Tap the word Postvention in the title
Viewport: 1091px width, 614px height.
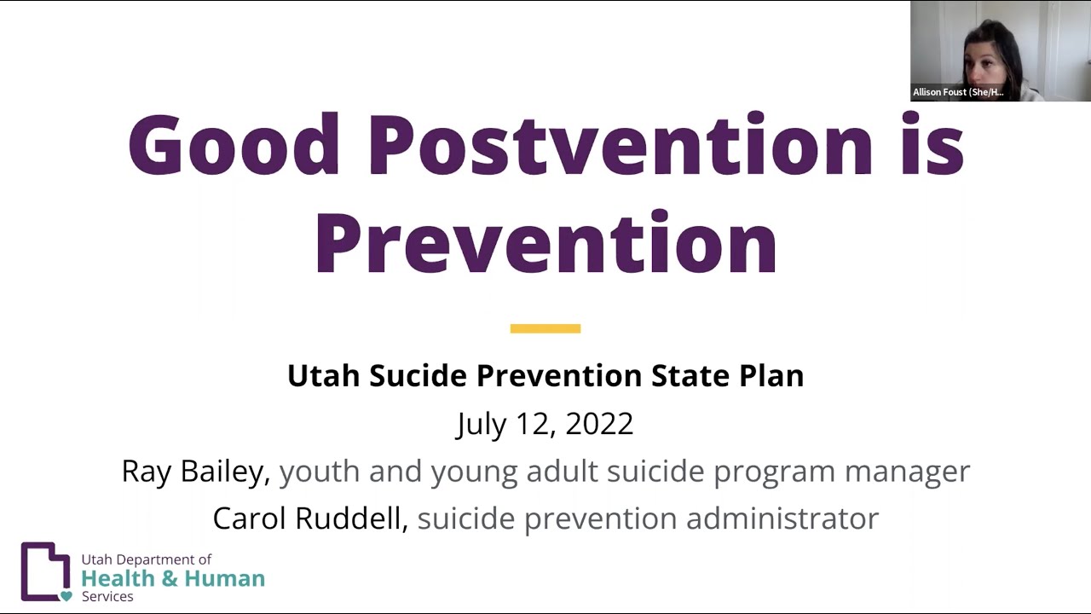(621, 145)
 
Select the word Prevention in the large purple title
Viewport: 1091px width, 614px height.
(545, 244)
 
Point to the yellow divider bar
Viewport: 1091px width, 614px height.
(545, 328)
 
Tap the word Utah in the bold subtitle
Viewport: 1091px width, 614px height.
(324, 376)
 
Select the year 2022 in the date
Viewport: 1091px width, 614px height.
(599, 424)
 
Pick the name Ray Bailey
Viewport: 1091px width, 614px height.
(195, 472)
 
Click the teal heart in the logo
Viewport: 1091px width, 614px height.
(66, 596)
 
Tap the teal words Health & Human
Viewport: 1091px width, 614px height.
(173, 578)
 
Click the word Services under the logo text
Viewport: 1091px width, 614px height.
(107, 597)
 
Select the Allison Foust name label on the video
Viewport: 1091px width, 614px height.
(958, 92)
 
